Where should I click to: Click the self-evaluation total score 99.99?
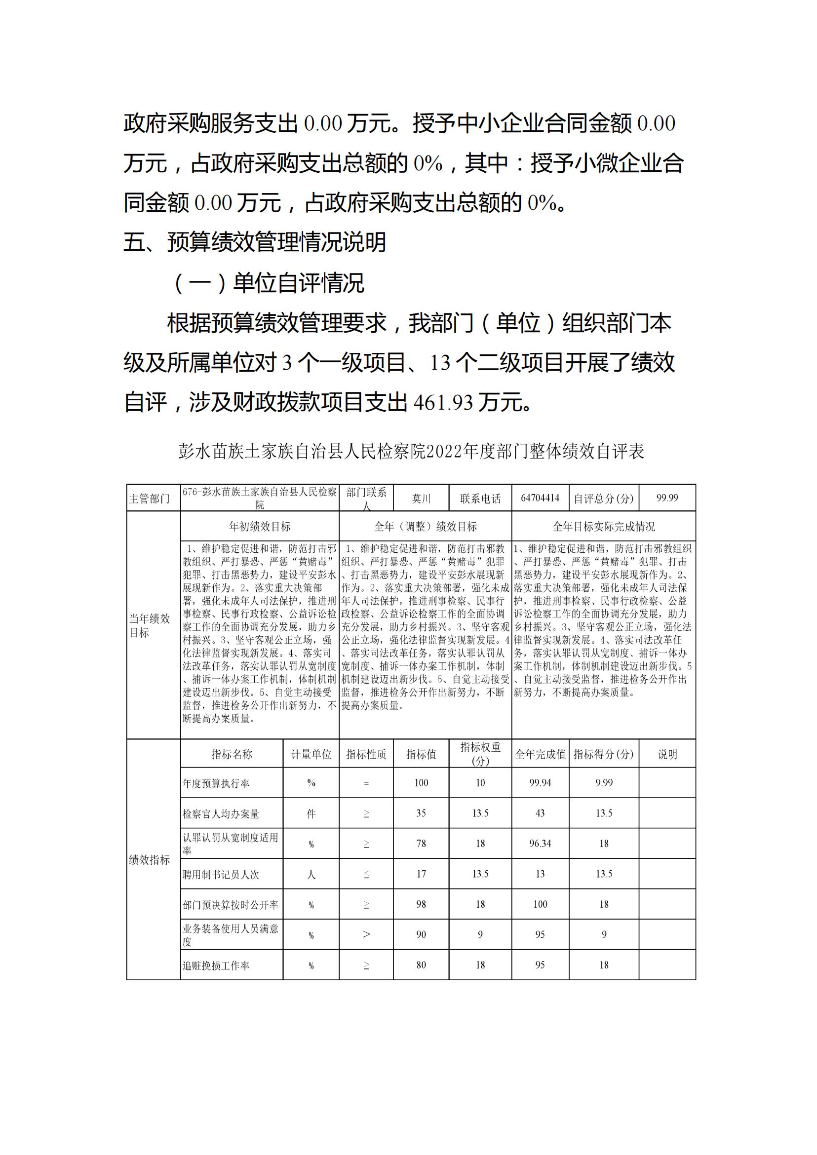667,498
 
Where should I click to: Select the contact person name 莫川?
421,499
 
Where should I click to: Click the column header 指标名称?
232,754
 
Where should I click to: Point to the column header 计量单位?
311,754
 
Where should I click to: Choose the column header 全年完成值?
540,754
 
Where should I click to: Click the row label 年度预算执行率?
216,783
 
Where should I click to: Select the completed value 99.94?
540,783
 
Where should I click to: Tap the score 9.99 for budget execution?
604,783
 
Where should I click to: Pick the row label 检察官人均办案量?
221,813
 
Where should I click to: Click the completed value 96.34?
540,844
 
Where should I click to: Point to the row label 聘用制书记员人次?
221,874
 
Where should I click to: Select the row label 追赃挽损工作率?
216,965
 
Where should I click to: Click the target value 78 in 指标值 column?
421,844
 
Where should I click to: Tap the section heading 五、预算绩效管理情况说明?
255,242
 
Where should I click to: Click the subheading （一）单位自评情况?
268,283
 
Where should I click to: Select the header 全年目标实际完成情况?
604,527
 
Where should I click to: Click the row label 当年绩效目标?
150,625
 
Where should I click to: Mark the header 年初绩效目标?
260,527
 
